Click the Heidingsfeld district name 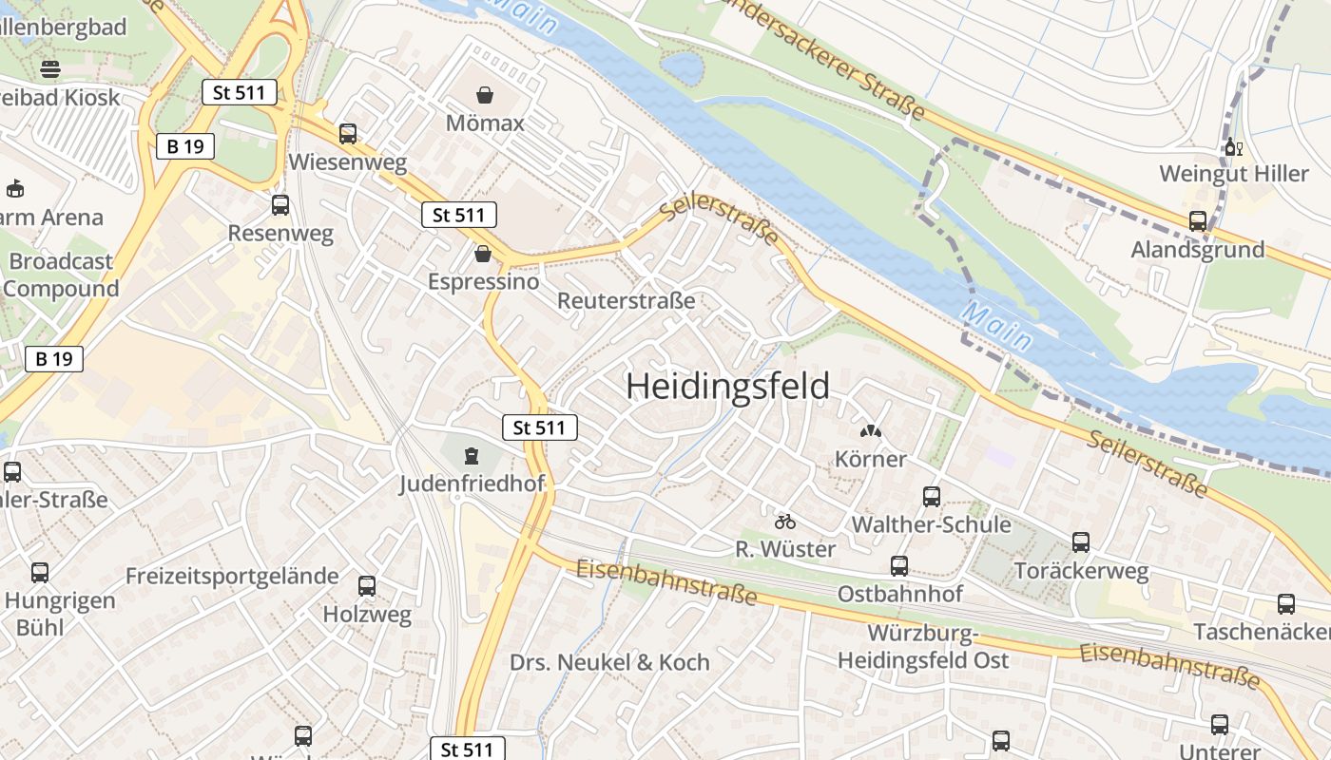click(x=727, y=387)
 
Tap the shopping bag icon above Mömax click(x=485, y=95)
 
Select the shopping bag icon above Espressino click(x=483, y=254)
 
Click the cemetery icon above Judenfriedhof click(x=473, y=456)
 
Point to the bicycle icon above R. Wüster click(x=785, y=522)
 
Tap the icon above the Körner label click(x=871, y=431)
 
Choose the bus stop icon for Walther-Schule click(x=932, y=496)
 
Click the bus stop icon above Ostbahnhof click(x=899, y=566)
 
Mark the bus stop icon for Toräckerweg click(x=1081, y=542)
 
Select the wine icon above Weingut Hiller click(x=1234, y=147)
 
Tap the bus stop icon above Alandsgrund click(x=1198, y=221)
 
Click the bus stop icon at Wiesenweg click(x=348, y=134)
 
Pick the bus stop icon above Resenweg click(x=280, y=205)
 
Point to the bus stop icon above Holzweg click(x=367, y=586)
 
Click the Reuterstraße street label click(x=626, y=301)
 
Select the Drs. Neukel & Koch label click(x=609, y=662)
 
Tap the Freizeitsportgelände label click(x=232, y=576)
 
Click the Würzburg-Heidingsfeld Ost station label click(x=923, y=647)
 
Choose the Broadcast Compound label click(x=61, y=275)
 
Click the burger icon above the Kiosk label click(x=50, y=68)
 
